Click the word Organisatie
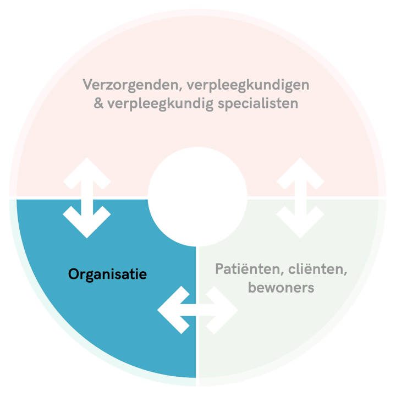click(x=107, y=274)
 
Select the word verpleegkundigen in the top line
click(x=249, y=85)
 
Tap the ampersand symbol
click(x=99, y=103)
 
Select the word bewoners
click(x=280, y=288)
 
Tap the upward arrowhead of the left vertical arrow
click(x=87, y=171)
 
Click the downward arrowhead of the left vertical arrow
click(x=87, y=223)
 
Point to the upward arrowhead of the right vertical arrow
click(x=300, y=171)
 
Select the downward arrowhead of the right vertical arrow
click(x=300, y=223)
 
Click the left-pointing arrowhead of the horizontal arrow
click(x=171, y=310)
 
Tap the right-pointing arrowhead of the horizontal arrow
click(x=224, y=310)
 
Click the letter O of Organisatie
click(x=73, y=274)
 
